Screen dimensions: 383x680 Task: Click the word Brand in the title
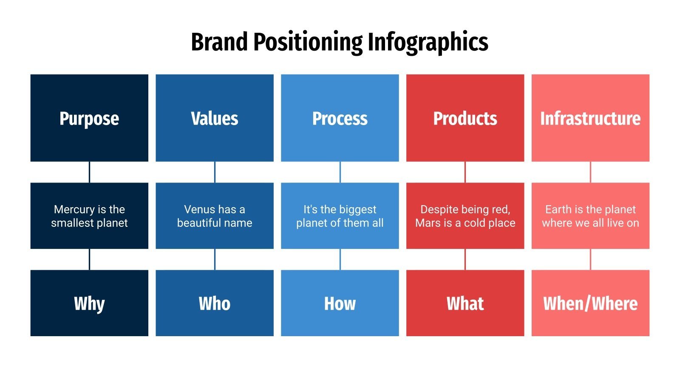(219, 43)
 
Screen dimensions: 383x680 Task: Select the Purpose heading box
(89, 118)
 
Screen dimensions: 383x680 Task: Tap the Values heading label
(215, 119)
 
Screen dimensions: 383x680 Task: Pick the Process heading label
(340, 119)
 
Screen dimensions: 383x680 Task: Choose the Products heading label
(465, 119)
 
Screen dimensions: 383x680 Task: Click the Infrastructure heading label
(590, 119)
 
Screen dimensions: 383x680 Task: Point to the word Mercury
(74, 209)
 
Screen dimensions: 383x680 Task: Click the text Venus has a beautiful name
(215, 216)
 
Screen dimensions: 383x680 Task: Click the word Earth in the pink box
(558, 209)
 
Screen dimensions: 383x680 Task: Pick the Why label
(89, 304)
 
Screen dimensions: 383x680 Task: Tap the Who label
(215, 304)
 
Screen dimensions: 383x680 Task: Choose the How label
(340, 304)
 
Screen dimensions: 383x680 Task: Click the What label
(465, 304)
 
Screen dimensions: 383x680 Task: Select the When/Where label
(590, 304)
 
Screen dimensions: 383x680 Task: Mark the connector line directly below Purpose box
(89, 172)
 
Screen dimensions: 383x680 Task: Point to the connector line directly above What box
(465, 259)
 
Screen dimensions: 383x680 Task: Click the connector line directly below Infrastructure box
(590, 172)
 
